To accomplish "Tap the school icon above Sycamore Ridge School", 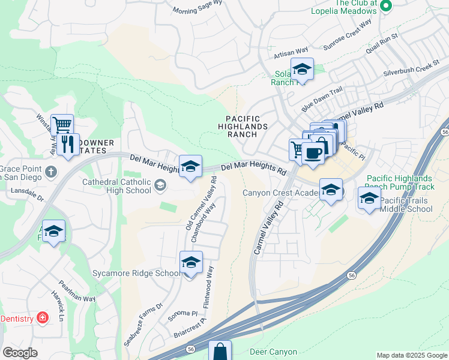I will [x=191, y=263].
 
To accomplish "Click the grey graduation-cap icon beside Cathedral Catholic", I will [x=160, y=186].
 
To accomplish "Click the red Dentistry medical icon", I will [x=42, y=318].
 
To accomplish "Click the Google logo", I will [x=20, y=353].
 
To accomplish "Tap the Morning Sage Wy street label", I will [x=197, y=10].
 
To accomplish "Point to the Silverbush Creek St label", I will [x=412, y=68].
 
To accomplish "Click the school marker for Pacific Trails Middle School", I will [x=369, y=199].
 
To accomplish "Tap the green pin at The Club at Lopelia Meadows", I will [x=386, y=7].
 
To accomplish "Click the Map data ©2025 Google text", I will [x=411, y=355].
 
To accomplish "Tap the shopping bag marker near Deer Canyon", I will [x=220, y=352].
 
